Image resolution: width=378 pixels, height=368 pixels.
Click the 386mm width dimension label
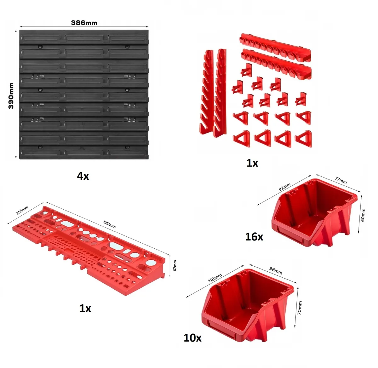point(84,23)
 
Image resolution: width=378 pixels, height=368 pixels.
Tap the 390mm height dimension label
point(11,96)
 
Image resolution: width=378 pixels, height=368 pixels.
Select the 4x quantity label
point(83,176)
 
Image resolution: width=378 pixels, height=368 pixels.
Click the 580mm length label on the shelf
point(110,224)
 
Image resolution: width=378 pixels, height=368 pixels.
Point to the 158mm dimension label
point(22,210)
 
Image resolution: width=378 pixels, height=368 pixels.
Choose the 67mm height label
point(175,266)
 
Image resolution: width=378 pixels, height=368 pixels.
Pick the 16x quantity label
point(254,237)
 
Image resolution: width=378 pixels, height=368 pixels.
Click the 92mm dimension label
point(284,187)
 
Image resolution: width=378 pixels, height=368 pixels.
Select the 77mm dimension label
point(341,180)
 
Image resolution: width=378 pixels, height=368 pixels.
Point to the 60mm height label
point(363,215)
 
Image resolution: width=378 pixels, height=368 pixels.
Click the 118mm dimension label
point(215,278)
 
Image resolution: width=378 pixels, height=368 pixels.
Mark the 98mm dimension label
point(276,270)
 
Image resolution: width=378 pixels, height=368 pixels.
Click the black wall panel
point(84,94)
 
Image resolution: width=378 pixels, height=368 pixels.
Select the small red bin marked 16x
point(314,212)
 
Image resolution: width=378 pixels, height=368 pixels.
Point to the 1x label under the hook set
point(252,163)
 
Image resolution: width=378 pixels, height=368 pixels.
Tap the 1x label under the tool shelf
point(85,309)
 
